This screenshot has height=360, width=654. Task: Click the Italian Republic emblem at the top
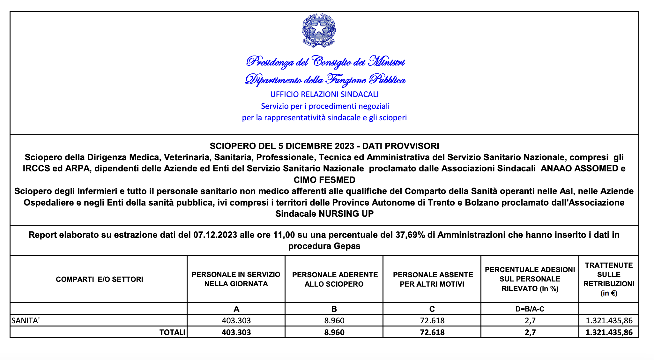coord(319,30)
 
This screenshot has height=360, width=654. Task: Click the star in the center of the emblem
coord(319,29)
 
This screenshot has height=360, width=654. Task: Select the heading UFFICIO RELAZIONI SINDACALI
coord(324,94)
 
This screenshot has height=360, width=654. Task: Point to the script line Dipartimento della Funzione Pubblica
coord(325,79)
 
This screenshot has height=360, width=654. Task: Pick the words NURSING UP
coord(346,214)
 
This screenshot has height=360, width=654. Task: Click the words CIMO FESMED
coord(324,180)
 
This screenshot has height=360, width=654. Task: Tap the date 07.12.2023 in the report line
coord(215,235)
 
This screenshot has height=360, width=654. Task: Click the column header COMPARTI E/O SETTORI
coord(100,280)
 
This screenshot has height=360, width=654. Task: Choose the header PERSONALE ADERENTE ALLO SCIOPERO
coord(334,280)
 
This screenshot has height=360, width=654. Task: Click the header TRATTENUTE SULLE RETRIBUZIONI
coord(609,279)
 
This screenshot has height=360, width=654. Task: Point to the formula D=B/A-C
coord(530,309)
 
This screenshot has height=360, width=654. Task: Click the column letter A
coord(236,309)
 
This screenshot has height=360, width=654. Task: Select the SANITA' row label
coord(26,320)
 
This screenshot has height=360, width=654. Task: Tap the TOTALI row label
coord(172,333)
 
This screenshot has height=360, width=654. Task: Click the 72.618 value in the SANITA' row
coord(432,320)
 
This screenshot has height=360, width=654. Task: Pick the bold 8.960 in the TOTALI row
coord(334,333)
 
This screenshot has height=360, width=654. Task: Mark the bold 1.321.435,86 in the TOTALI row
coord(609,333)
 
